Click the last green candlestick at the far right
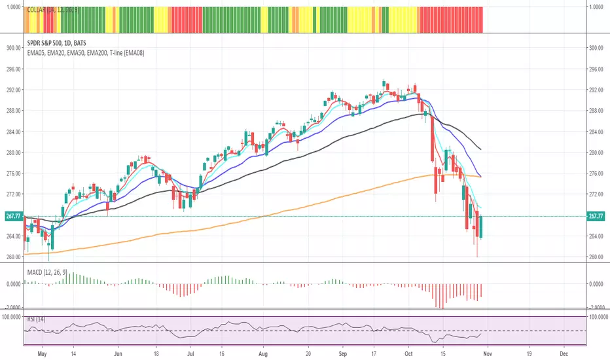pyautogui.click(x=481, y=227)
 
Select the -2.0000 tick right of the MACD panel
pyautogui.click(x=595, y=306)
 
